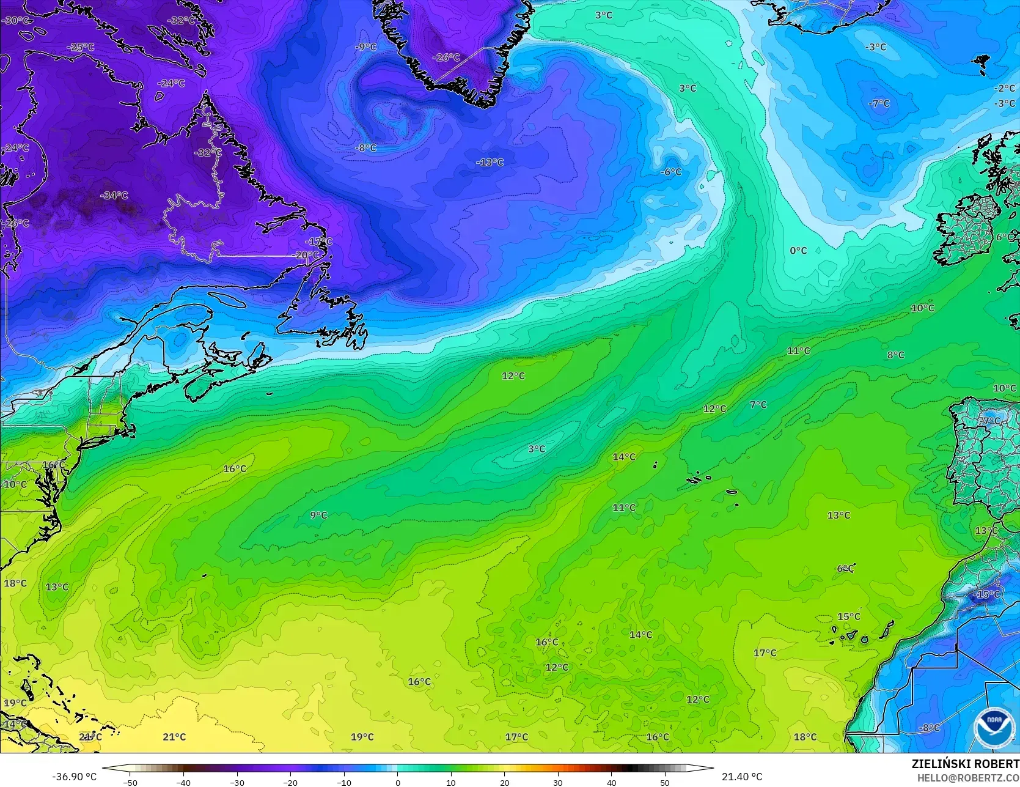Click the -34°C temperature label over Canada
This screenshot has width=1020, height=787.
coord(114,196)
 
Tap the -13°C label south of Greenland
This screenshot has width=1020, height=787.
coord(490,163)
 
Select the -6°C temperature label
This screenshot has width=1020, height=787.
coord(670,172)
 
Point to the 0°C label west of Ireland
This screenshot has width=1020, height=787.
coord(798,251)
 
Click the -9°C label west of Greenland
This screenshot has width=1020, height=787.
coord(366,47)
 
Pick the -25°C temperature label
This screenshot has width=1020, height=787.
coord(81,47)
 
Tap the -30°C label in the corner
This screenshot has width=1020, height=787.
coord(15,20)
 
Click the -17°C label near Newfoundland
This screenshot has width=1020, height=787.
coord(318,242)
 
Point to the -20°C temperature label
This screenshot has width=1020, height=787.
coord(306,255)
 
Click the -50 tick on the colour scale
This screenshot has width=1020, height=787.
coord(130,782)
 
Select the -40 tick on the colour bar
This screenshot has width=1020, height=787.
coord(183,782)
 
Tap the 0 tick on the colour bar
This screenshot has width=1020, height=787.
coord(397,782)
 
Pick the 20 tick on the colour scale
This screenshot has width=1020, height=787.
coord(504,782)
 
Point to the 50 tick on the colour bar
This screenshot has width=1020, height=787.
coord(665,782)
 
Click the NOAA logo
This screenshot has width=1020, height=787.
coord(993,728)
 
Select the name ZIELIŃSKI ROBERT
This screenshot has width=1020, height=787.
coord(965,764)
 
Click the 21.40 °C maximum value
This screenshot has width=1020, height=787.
coord(742,777)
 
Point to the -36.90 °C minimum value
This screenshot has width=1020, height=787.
coord(75,777)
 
